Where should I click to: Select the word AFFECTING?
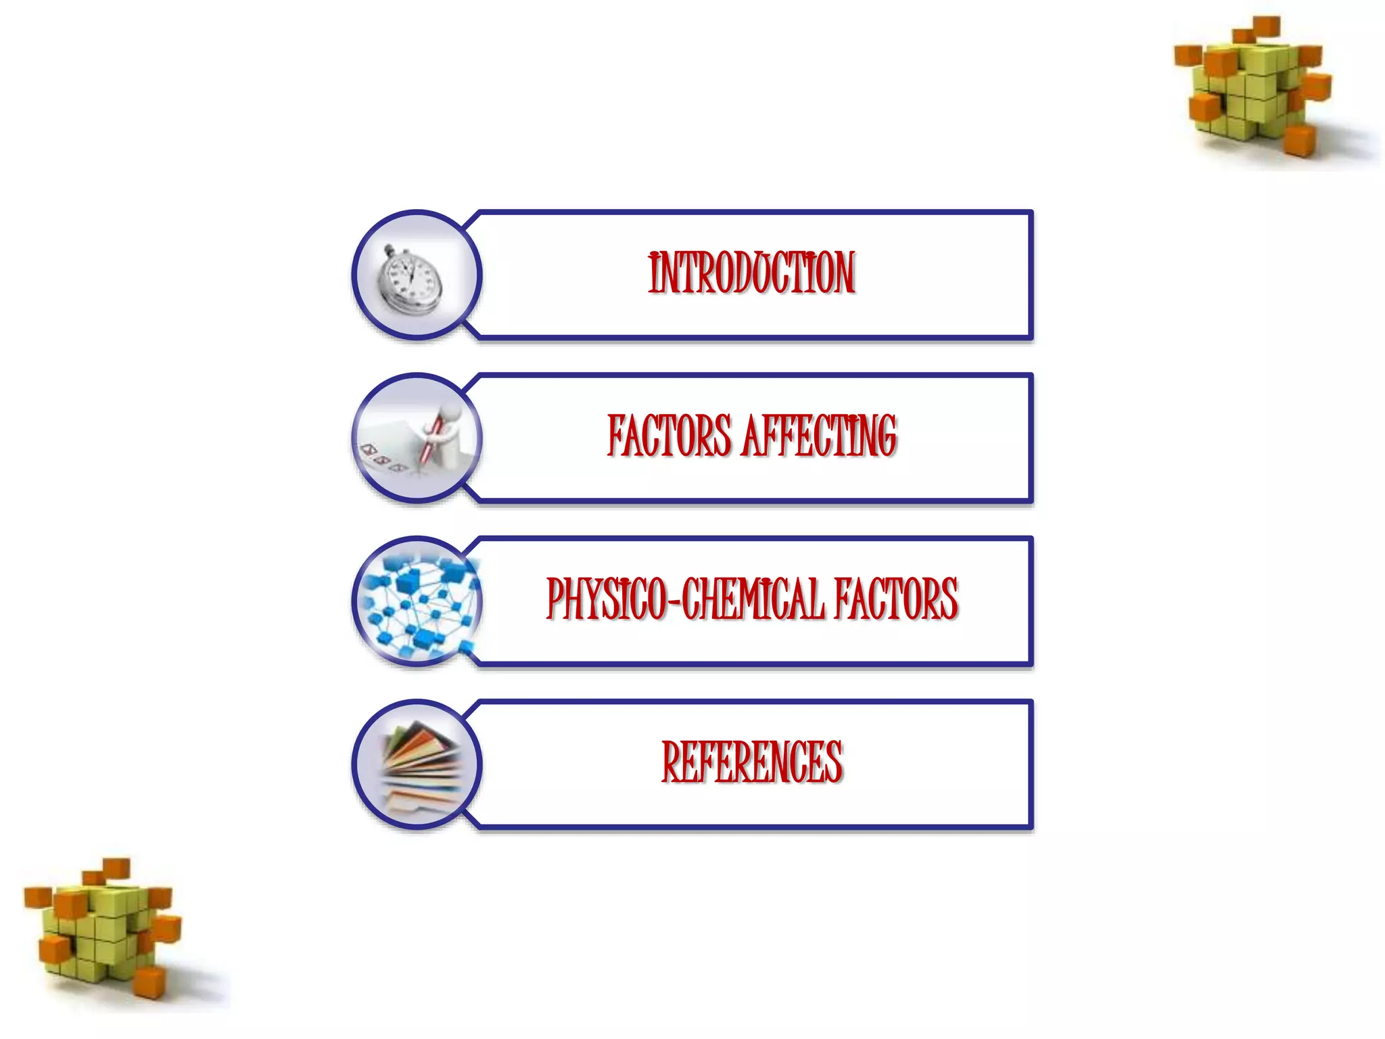tap(819, 436)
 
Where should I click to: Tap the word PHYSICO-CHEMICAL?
tap(685, 599)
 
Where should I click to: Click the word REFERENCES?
tap(751, 762)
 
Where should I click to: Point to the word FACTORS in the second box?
tap(669, 436)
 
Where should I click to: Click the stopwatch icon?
tap(409, 280)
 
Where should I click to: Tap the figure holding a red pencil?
tap(443, 433)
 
